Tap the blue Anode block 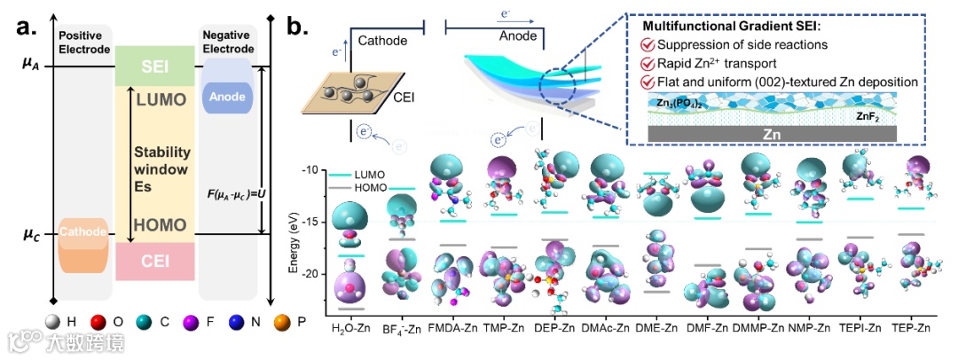click(229, 96)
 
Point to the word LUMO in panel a click(157, 99)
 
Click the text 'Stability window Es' click(161, 163)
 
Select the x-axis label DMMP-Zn click(756, 328)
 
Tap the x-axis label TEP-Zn click(913, 328)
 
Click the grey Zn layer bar click(772, 132)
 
